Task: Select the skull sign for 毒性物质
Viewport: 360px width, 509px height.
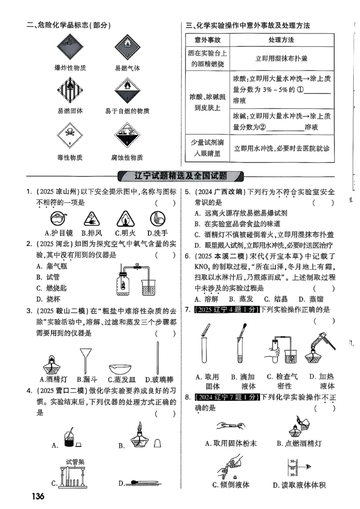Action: click(70, 136)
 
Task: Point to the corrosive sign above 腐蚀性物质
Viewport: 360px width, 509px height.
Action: click(127, 136)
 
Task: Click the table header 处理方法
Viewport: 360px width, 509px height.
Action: click(281, 40)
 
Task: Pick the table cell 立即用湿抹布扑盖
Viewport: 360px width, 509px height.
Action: click(281, 58)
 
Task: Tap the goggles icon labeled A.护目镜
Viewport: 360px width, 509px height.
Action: click(58, 219)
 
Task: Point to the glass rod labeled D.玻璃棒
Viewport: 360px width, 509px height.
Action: click(158, 357)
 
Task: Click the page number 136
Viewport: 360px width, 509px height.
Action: click(38, 496)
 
